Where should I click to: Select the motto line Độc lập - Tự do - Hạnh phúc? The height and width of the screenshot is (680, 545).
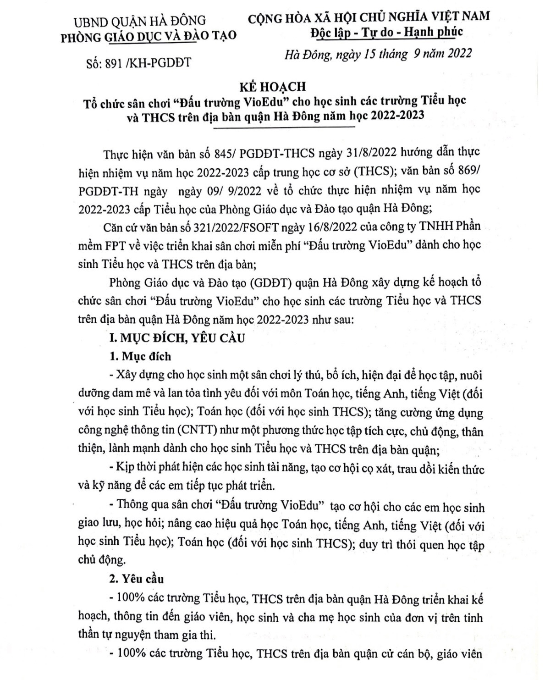(386, 32)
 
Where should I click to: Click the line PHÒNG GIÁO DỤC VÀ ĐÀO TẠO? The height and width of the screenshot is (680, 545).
(149, 36)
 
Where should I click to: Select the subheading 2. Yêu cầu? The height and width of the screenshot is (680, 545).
(136, 579)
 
